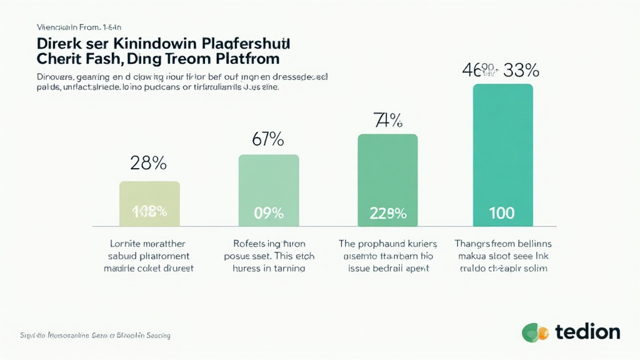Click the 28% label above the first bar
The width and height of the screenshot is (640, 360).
click(148, 163)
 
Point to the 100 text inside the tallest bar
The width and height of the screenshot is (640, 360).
click(502, 212)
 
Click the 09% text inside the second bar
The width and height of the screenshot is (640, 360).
click(269, 212)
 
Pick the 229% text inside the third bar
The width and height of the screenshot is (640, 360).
click(387, 212)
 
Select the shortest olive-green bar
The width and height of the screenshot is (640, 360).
click(149, 204)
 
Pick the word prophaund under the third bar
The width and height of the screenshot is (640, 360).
click(382, 244)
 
